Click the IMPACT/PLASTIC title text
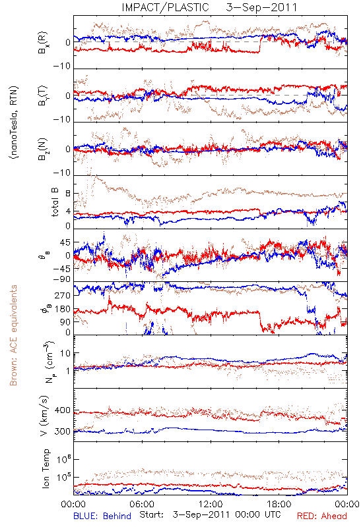[x=165, y=7]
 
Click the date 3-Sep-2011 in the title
[x=261, y=7]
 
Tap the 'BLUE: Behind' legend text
[x=102, y=516]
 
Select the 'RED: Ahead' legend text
[x=322, y=516]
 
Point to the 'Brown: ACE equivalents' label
[x=13, y=335]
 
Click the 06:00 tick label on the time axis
[x=142, y=504]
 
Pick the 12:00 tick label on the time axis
[x=211, y=504]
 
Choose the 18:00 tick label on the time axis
[x=279, y=504]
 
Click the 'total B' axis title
[x=55, y=202]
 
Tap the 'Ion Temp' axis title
[x=46, y=468]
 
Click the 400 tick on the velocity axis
[x=62, y=410]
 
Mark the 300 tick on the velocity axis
[x=62, y=431]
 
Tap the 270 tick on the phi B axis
[x=63, y=295]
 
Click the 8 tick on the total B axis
[x=68, y=194]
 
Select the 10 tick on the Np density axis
[x=65, y=354]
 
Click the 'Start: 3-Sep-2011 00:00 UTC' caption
[x=210, y=514]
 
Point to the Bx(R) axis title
[x=43, y=43]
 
